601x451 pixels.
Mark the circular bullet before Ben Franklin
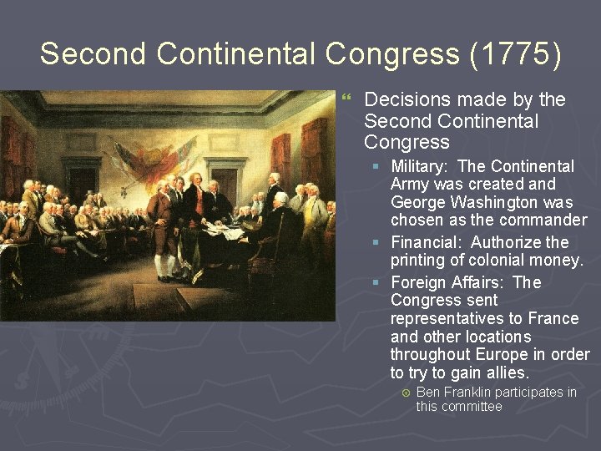point(405,393)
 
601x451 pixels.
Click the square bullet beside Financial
point(377,243)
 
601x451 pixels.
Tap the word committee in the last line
point(473,407)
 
